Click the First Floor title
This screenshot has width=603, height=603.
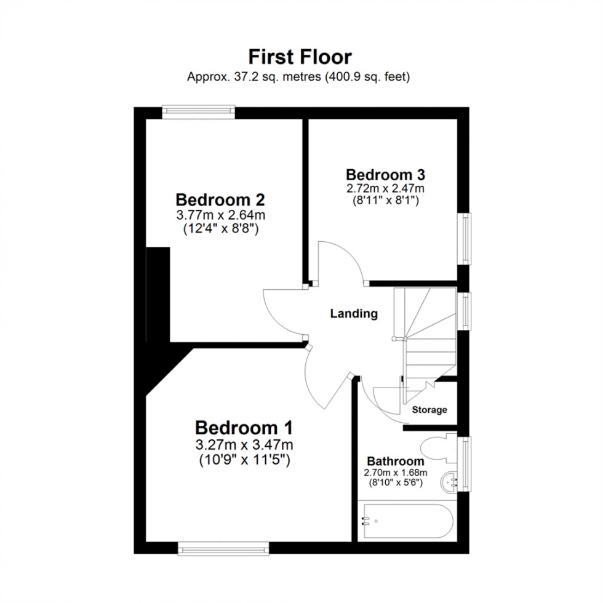click(300, 57)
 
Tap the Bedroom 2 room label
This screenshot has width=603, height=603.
click(220, 200)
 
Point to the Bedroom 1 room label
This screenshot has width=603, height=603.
click(244, 427)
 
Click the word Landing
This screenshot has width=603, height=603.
click(354, 314)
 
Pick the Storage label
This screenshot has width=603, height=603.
click(429, 410)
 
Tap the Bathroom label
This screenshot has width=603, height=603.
click(395, 461)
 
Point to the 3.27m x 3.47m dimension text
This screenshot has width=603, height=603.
click(244, 444)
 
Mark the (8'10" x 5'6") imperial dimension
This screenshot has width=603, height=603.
click(395, 484)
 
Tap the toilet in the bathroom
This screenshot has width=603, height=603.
click(437, 448)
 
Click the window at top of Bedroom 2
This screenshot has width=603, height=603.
click(199, 111)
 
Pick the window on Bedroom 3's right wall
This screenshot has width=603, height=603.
click(466, 239)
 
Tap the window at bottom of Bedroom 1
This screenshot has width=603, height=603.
click(223, 547)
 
